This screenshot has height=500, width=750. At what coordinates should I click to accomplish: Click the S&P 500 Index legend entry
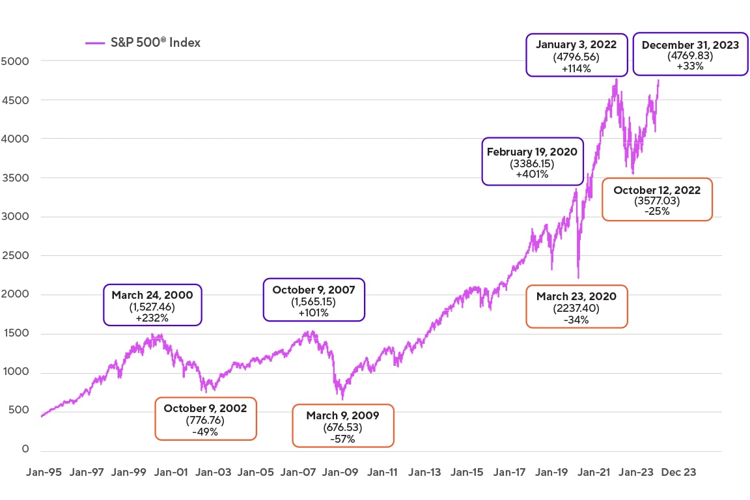click(143, 43)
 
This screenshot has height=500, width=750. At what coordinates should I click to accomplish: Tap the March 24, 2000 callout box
click(153, 305)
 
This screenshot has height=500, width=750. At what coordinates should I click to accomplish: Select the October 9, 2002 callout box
click(205, 419)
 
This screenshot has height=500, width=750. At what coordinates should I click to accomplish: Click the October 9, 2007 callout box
click(314, 299)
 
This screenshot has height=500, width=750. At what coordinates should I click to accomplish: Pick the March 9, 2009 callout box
click(343, 426)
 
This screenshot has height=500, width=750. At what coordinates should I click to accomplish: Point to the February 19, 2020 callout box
click(533, 161)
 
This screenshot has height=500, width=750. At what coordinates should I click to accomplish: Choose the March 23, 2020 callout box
click(576, 306)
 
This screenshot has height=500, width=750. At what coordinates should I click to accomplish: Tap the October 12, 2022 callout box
click(656, 200)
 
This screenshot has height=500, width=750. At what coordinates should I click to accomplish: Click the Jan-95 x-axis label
click(43, 473)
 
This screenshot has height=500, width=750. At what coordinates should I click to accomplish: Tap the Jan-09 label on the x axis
click(340, 473)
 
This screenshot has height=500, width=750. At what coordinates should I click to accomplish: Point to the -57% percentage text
click(343, 439)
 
